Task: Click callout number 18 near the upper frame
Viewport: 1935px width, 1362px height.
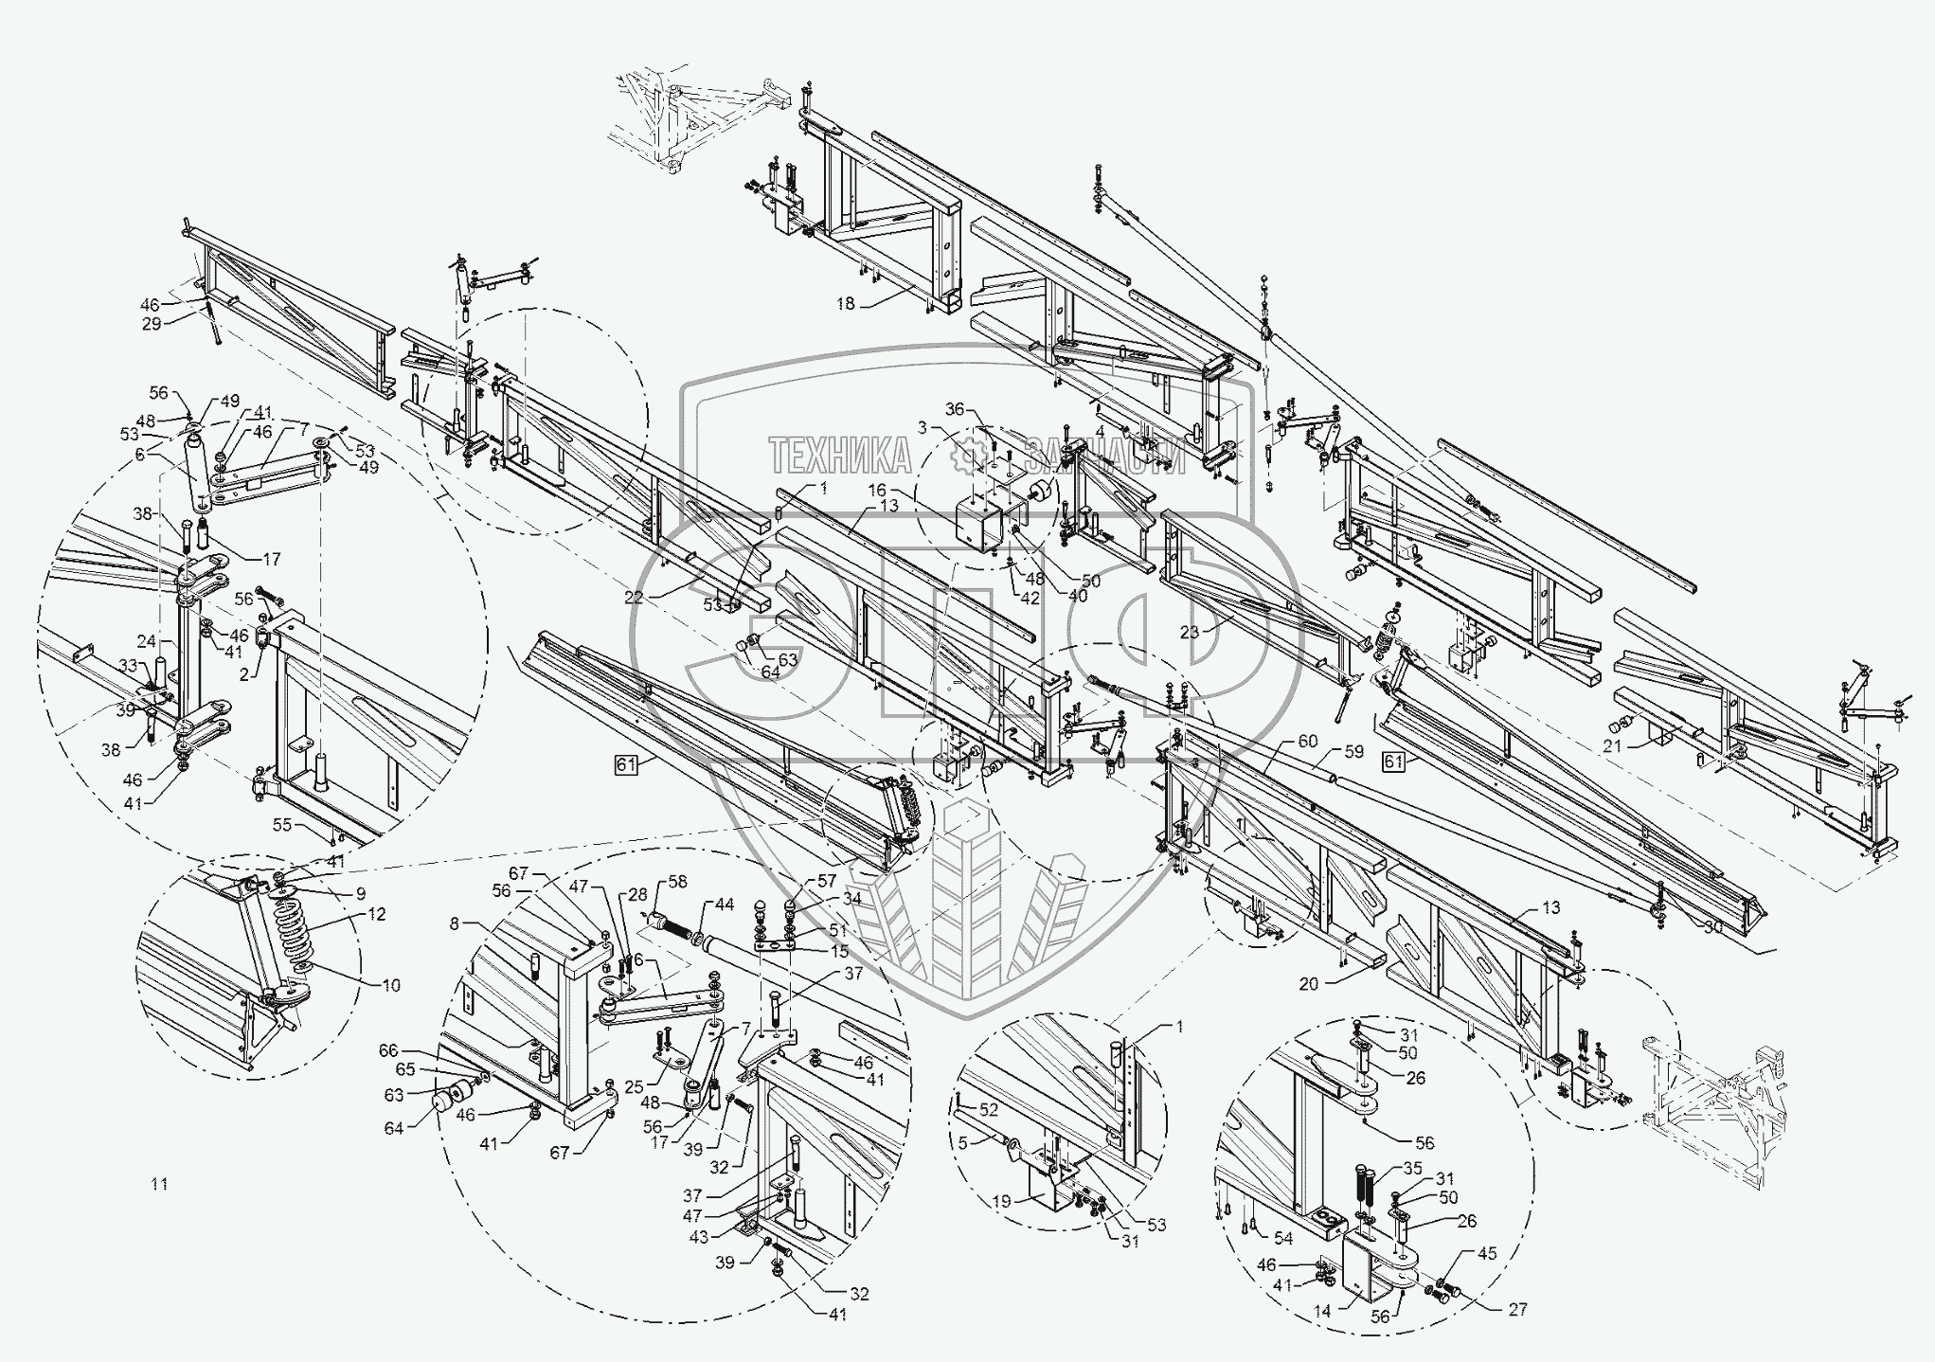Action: point(845,303)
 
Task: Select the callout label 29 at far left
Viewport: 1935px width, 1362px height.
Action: point(152,324)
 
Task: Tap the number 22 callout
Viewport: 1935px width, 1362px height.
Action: point(635,598)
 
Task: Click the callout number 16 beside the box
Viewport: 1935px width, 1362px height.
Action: point(877,491)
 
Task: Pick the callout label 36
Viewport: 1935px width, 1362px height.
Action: point(955,409)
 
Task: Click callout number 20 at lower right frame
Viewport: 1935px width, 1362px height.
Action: point(1308,984)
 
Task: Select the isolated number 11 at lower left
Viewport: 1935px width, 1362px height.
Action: point(159,1184)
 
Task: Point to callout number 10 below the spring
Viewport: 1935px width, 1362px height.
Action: point(391,985)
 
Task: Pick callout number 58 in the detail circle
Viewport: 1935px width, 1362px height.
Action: point(677,882)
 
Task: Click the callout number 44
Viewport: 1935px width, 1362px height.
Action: point(724,905)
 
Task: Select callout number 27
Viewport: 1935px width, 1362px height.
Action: point(1518,1309)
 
